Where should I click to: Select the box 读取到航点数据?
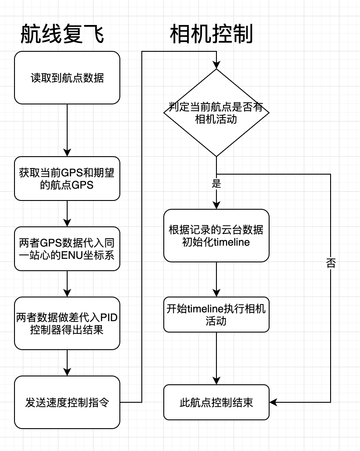(x=67, y=78)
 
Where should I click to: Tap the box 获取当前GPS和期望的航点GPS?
(x=67, y=179)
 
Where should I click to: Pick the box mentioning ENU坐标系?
(x=67, y=248)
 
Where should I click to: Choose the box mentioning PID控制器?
(x=67, y=323)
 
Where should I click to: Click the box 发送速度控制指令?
(x=67, y=402)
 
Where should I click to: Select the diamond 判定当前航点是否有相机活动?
(x=216, y=113)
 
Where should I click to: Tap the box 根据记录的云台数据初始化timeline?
(x=216, y=236)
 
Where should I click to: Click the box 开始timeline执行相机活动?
(x=216, y=315)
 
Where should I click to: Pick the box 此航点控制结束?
(x=216, y=402)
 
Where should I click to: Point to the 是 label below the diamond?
(x=216, y=184)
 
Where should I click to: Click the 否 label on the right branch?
(x=331, y=263)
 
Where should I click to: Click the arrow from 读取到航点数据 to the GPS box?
(x=67, y=130)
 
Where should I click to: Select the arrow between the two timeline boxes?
(x=216, y=279)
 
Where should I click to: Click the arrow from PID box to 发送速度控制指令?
(x=67, y=363)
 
